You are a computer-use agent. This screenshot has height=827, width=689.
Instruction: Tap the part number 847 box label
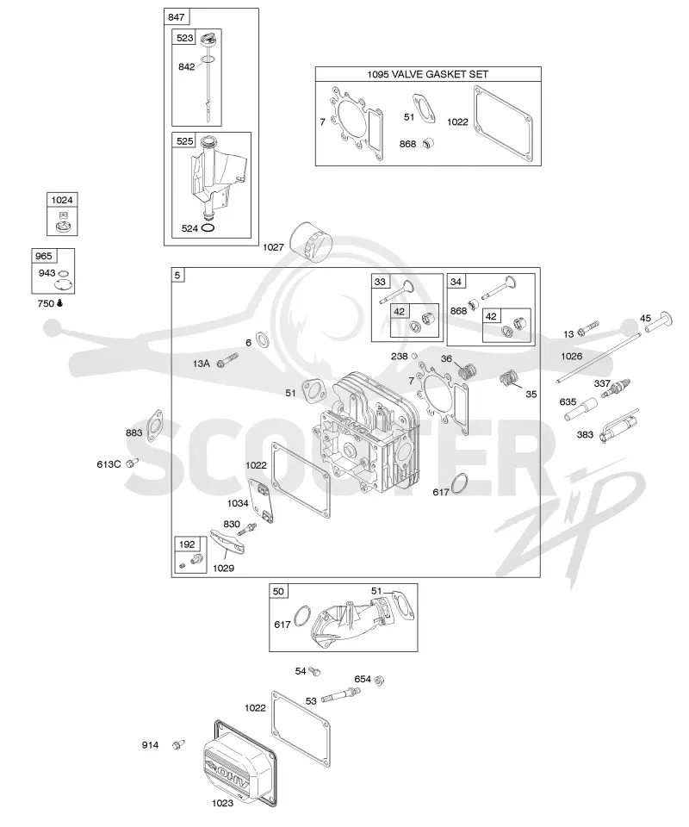pyautogui.click(x=176, y=17)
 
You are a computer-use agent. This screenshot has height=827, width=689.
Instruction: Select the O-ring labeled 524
pyautogui.click(x=208, y=228)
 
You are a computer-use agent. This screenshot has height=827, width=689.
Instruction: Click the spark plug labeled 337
pyautogui.click(x=619, y=389)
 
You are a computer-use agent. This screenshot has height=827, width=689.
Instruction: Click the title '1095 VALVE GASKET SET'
pyautogui.click(x=427, y=74)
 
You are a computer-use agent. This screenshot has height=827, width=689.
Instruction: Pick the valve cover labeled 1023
pyautogui.click(x=240, y=762)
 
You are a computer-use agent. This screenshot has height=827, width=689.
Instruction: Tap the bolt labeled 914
pyautogui.click(x=178, y=744)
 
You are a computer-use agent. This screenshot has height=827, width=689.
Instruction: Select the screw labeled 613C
pyautogui.click(x=132, y=463)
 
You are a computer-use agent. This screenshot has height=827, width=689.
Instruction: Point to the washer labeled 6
pyautogui.click(x=262, y=339)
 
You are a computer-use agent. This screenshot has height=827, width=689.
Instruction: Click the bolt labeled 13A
pyautogui.click(x=227, y=360)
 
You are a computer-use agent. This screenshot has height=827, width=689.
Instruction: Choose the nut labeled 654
pyautogui.click(x=378, y=681)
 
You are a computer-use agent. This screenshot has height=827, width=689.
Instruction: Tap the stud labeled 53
pyautogui.click(x=340, y=697)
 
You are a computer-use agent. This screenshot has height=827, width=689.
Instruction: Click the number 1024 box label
pyautogui.click(x=62, y=200)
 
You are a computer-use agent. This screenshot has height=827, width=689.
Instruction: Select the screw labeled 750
pyautogui.click(x=59, y=303)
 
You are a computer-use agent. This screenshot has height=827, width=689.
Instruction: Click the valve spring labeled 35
pyautogui.click(x=509, y=379)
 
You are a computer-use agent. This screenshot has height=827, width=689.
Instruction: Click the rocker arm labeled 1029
pyautogui.click(x=227, y=542)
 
